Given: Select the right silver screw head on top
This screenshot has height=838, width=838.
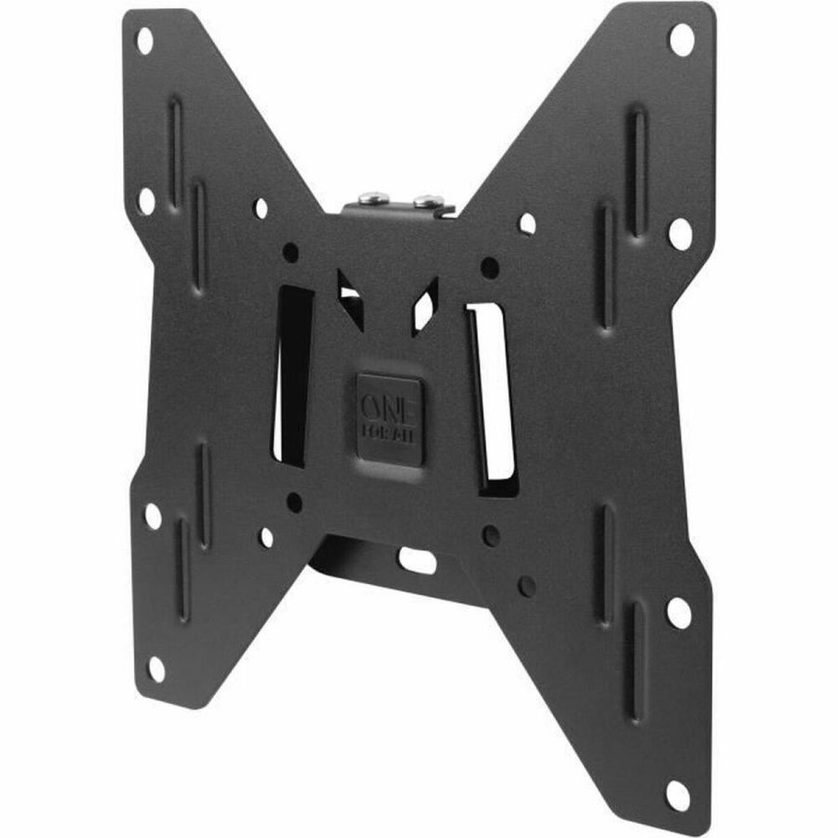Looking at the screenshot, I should (427, 201).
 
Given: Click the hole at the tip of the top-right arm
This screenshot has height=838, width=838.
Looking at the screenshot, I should (681, 40).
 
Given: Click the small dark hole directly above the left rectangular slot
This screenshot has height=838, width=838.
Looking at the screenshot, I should (291, 252).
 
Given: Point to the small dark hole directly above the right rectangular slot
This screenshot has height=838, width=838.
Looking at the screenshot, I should (489, 267).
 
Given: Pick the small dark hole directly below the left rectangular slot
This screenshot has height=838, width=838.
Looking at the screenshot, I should (294, 503).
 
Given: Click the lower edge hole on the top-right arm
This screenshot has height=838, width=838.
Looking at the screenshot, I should (680, 234).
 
